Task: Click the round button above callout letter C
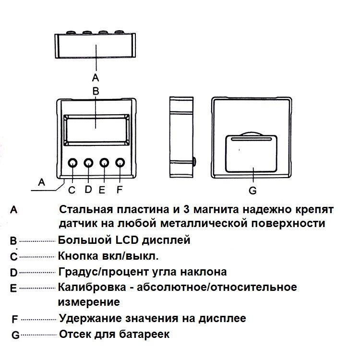pos(72,163)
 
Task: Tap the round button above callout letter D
pos(88,163)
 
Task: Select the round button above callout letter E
pos(104,163)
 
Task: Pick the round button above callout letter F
pos(120,163)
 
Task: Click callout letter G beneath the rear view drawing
pos(253,191)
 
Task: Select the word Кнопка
pos(75,255)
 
